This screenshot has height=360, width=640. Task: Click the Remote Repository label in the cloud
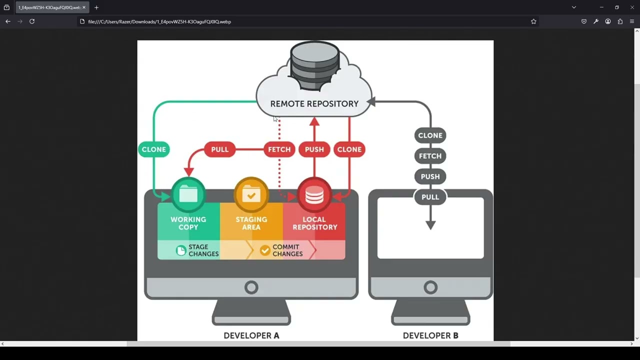(314, 103)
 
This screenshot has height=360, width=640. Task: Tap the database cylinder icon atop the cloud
(314, 65)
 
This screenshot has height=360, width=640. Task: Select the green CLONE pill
(153, 149)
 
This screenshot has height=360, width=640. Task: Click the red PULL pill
(219, 149)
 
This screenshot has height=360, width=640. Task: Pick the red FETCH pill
(279, 149)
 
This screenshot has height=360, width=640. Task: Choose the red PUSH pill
(314, 149)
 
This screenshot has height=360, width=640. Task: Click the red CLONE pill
(349, 149)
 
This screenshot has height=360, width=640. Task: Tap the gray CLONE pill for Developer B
(430, 135)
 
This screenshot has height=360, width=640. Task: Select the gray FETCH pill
(430, 156)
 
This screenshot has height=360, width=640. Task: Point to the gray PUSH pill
(430, 176)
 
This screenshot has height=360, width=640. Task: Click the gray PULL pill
(430, 197)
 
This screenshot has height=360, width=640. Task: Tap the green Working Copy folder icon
(188, 194)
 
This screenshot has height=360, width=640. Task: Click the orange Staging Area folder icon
(251, 194)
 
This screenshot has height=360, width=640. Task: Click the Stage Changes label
(203, 250)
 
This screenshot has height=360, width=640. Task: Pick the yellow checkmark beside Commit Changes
(265, 250)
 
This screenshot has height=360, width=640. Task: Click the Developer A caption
(251, 335)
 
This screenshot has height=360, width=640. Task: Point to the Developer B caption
(430, 335)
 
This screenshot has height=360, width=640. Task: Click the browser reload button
(32, 21)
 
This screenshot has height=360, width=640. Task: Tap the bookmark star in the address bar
(533, 21)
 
